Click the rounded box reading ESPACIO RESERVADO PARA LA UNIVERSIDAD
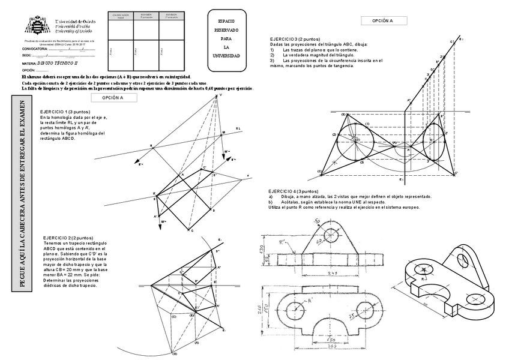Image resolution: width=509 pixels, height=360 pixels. pyautogui.click(x=226, y=38)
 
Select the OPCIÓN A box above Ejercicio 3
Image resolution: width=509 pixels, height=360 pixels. pyautogui.click(x=382, y=20)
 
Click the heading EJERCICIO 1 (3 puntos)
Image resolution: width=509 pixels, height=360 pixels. pyautogui.click(x=65, y=112)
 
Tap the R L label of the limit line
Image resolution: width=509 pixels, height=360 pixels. pyautogui.click(x=238, y=128)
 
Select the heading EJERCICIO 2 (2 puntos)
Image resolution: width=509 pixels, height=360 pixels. pyautogui.click(x=68, y=238)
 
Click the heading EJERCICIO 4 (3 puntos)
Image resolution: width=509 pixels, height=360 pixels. pyautogui.click(x=294, y=191)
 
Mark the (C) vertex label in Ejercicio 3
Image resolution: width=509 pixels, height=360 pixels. pyautogui.click(x=320, y=172)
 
